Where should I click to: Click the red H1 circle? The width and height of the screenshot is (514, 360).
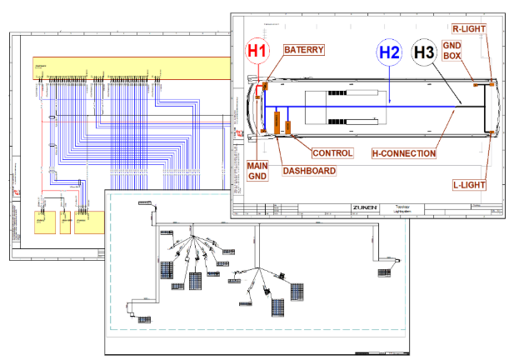click(x=258, y=52)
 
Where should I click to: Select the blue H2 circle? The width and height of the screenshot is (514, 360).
click(x=389, y=52)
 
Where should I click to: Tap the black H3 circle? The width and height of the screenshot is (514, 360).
click(x=424, y=52)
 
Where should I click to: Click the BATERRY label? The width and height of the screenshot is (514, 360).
click(x=303, y=50)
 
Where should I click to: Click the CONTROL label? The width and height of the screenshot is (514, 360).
click(x=332, y=153)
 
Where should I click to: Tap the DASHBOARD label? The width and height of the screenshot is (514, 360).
click(x=308, y=171)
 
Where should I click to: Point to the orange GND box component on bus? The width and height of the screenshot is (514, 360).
click(x=476, y=83)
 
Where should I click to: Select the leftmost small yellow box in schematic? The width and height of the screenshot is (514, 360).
click(x=41, y=221)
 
